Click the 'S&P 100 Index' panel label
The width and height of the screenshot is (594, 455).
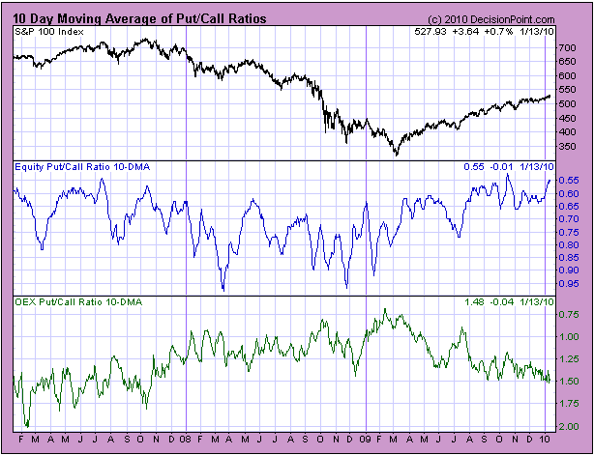point(47,33)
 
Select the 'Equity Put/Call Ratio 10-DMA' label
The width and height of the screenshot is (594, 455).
point(81,168)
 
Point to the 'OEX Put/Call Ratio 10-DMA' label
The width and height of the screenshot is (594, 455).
point(77,303)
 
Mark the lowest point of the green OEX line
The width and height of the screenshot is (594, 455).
point(27,426)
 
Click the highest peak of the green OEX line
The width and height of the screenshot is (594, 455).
point(385,309)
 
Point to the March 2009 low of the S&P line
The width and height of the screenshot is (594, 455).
point(395,155)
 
